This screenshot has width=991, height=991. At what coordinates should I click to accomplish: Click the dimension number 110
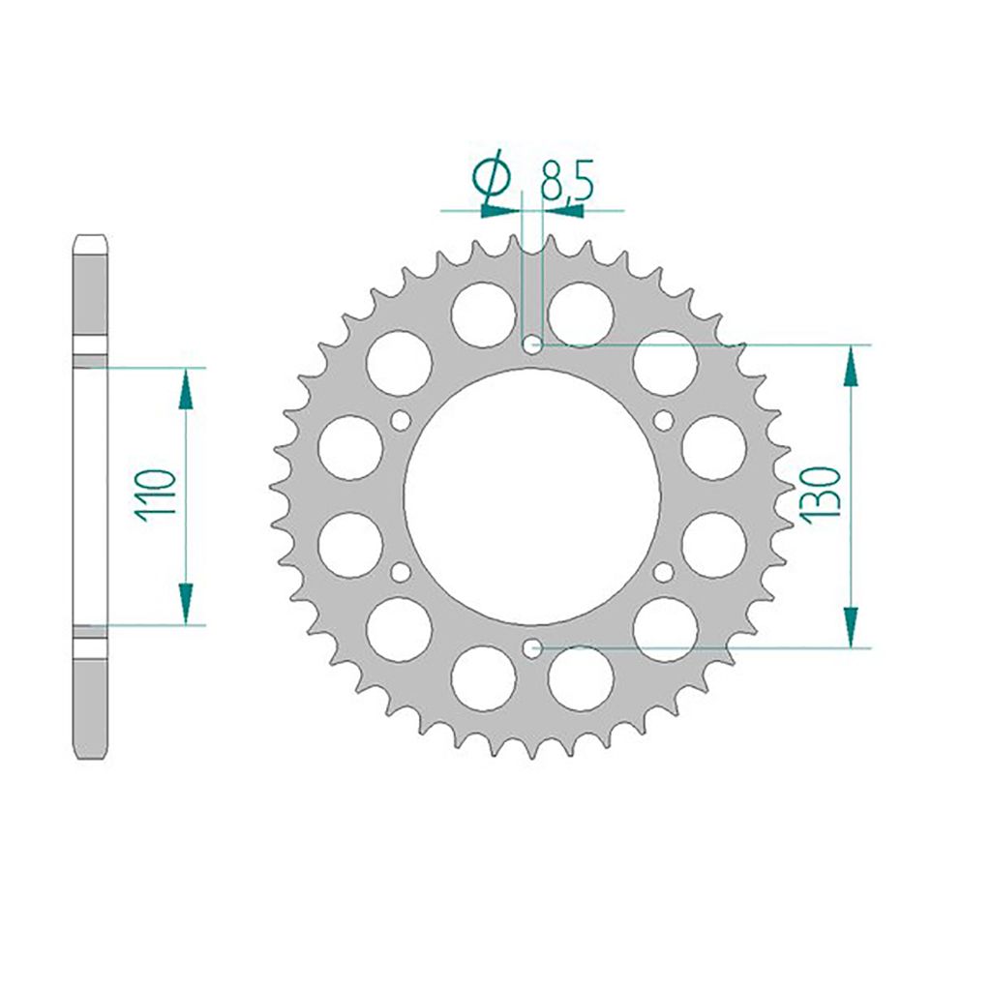coord(156,495)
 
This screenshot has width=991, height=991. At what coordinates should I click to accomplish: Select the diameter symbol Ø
coord(495,180)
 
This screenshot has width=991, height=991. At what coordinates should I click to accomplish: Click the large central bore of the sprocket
coord(530,496)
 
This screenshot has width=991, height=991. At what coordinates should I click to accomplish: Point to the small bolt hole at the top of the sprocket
coord(530,345)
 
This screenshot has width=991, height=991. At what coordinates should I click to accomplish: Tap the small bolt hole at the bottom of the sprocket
coord(530,647)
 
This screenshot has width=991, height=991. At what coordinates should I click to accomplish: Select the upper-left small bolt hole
coord(398,420)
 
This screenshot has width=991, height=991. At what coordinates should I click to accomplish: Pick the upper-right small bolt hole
coord(663,420)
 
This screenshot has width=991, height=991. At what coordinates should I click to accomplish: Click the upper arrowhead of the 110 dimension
coord(186,387)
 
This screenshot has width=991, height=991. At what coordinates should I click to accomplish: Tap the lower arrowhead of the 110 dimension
coord(186,605)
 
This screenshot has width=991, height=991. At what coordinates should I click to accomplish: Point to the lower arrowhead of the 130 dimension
coord(850,626)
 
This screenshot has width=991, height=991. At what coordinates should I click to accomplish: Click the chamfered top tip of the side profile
coord(90,240)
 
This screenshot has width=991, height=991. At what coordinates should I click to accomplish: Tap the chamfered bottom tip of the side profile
coord(90,753)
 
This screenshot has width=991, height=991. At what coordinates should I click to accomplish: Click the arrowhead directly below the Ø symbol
coord(499,208)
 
